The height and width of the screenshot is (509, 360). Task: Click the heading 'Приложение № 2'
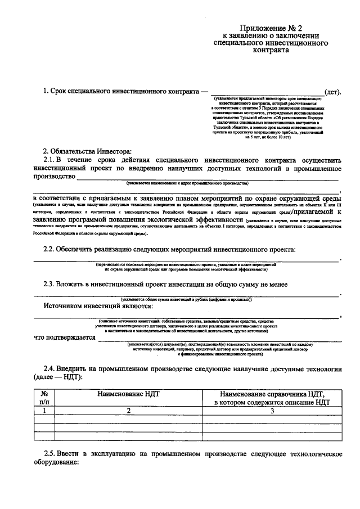[x=267, y=28]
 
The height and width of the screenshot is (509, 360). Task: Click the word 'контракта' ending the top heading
[x=267, y=50]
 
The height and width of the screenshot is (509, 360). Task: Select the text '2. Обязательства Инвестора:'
[x=87, y=150]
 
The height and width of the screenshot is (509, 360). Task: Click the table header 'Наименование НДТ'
[x=128, y=394]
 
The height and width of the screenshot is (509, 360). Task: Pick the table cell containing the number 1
[x=44, y=411]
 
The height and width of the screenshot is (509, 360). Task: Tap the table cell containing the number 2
[x=128, y=411]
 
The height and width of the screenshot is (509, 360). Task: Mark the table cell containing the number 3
[x=272, y=411]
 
